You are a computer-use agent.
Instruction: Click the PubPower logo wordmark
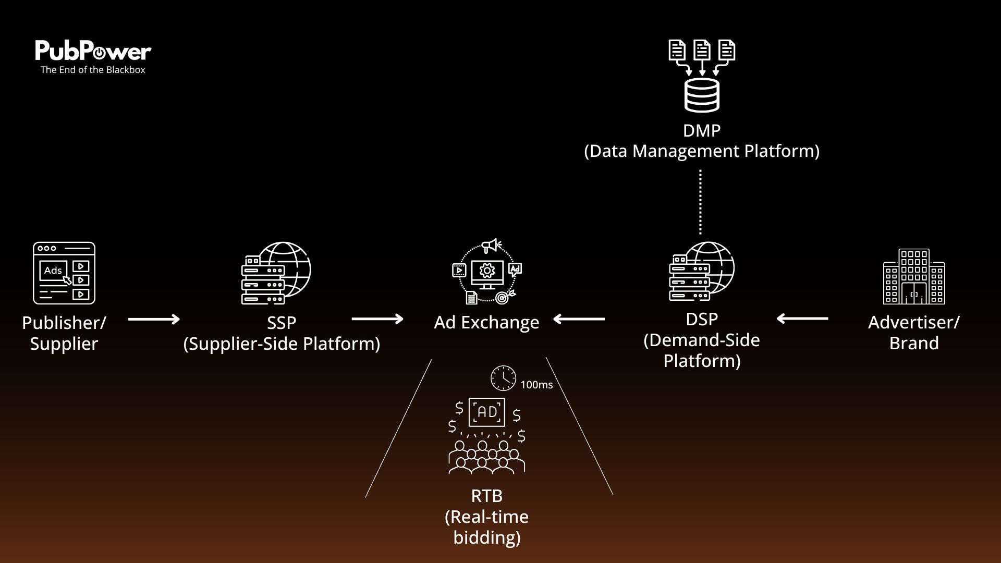93,51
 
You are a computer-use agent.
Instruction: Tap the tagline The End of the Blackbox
93,70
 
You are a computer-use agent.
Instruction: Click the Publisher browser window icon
64,273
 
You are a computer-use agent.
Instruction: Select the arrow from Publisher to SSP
154,319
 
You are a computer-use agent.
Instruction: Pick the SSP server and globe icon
276,273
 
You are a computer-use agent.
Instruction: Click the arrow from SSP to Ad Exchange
377,319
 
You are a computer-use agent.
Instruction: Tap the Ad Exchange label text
486,322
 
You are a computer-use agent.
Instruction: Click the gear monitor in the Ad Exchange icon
487,273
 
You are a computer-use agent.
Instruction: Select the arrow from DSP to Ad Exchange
579,319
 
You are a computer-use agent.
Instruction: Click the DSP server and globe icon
702,271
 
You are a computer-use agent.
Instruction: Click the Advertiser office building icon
914,276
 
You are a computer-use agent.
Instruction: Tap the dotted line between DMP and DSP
700,202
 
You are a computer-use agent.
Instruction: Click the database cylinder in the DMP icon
702,95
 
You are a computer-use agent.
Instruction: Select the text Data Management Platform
702,151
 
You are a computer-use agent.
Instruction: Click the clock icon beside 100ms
503,378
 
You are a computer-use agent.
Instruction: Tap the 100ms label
536,385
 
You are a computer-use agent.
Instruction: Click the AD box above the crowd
487,412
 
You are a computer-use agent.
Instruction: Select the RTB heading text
486,496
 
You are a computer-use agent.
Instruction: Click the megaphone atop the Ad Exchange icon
491,246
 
